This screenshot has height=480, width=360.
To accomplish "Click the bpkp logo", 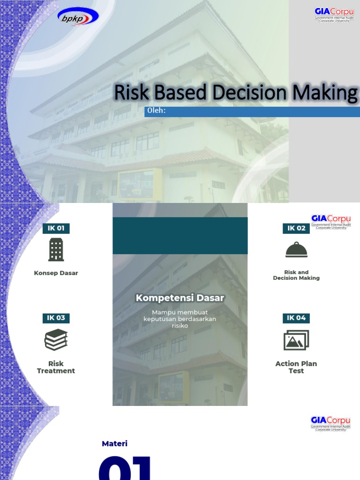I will (x=78, y=17).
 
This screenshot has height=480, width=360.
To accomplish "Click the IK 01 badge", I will (x=56, y=228).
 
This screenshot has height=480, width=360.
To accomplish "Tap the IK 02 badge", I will (x=296, y=228).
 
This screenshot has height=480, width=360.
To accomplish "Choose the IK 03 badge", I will (x=56, y=318).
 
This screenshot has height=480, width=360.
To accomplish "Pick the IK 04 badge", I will (x=296, y=318).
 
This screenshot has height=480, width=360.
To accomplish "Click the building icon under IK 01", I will (x=56, y=249).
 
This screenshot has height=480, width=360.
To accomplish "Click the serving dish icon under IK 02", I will (x=296, y=250).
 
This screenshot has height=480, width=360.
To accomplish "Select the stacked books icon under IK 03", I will (x=56, y=340).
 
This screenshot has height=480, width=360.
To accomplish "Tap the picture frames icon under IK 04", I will (x=296, y=340).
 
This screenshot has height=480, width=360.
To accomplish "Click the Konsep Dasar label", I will (x=56, y=273).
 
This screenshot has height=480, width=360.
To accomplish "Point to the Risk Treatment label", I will (x=56, y=367).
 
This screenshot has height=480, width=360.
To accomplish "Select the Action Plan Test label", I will (x=296, y=367).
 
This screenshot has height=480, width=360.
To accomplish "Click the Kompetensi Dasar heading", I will (x=180, y=298).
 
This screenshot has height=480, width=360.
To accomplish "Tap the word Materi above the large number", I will (x=115, y=443).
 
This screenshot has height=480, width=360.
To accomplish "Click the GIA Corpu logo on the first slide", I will (x=332, y=15).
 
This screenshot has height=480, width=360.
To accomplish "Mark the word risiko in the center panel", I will (x=180, y=325).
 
